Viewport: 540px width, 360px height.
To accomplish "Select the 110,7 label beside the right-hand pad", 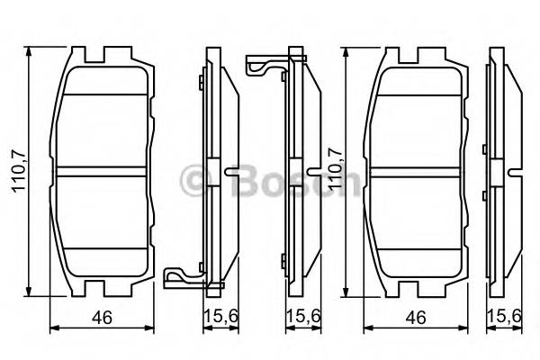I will click(335, 171).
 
